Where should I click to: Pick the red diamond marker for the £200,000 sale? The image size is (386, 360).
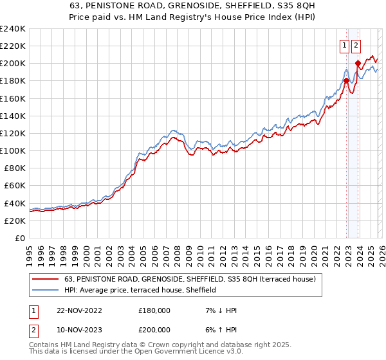click(358, 63)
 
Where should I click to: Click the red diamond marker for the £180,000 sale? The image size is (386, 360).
click(346, 80)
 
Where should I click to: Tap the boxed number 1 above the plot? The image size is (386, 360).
click(344, 46)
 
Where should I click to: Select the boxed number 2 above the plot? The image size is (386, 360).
click(356, 46)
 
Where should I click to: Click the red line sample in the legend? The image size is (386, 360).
click(46, 280)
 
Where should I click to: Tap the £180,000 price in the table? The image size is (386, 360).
click(154, 310)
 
